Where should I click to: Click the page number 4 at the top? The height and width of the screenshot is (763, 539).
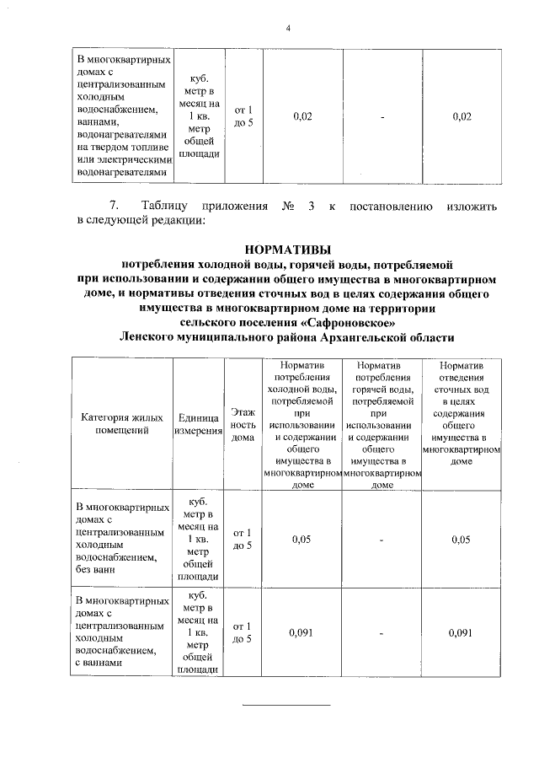(288, 29)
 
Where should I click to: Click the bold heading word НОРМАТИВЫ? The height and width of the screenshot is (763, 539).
(288, 249)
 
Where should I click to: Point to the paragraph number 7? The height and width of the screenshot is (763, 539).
(116, 206)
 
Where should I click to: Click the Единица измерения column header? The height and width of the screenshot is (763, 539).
(200, 423)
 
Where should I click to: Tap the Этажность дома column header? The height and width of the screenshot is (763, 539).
(243, 424)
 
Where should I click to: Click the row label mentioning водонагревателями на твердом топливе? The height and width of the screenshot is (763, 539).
(124, 117)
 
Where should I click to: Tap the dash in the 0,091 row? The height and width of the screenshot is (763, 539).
(382, 632)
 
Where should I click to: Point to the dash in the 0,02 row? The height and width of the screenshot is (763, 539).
(382, 116)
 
